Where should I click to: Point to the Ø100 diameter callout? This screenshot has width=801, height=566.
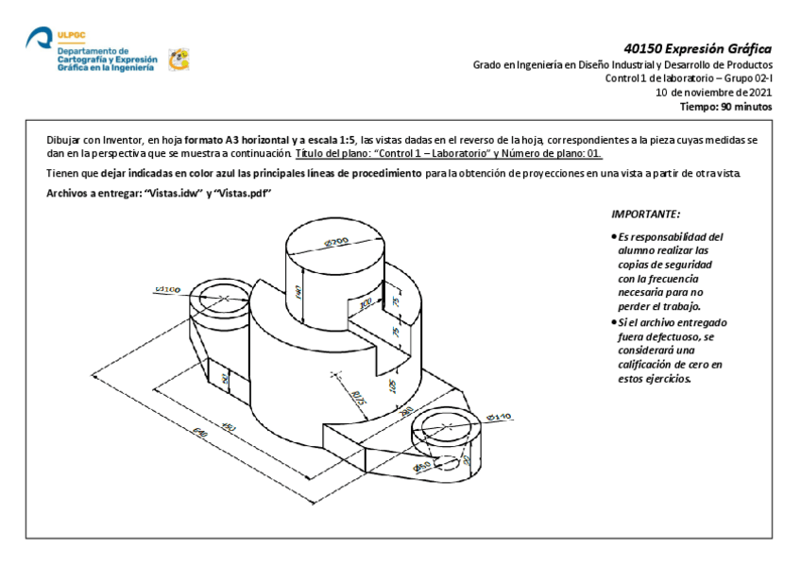tap(167, 288)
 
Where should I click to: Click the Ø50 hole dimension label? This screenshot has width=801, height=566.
tap(423, 466)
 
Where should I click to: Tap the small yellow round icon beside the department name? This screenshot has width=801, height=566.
tap(178, 60)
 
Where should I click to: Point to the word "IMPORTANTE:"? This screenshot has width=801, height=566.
tap(645, 215)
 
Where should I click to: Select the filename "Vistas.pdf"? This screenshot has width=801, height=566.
tap(245, 193)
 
